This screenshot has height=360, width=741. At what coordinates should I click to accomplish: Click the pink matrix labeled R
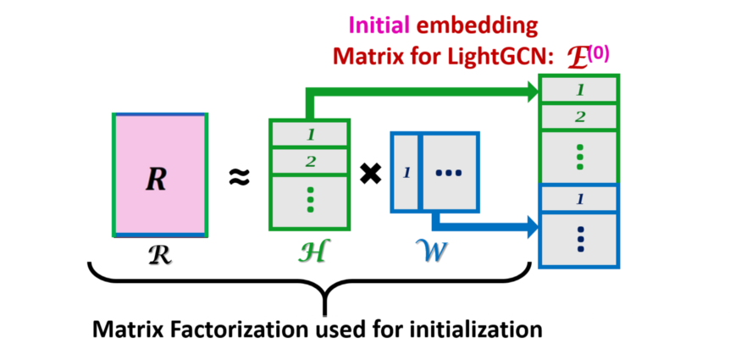(x=160, y=175)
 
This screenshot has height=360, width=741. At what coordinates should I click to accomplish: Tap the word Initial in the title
(x=379, y=26)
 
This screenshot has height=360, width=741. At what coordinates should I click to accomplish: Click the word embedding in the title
(x=477, y=26)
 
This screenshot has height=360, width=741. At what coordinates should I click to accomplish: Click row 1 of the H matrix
(x=310, y=134)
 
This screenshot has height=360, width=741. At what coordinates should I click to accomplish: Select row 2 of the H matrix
(x=310, y=161)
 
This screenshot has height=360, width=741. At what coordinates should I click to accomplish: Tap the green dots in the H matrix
(x=310, y=199)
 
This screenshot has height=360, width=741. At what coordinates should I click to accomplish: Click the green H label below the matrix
(x=311, y=251)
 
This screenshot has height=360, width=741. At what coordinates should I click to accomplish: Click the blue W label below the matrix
(x=431, y=251)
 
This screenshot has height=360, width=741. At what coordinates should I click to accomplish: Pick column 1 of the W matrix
(x=406, y=173)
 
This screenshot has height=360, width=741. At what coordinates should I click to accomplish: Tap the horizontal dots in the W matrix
(x=448, y=173)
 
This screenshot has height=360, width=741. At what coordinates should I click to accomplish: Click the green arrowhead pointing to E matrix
(x=533, y=91)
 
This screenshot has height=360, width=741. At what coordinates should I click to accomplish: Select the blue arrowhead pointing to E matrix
(x=533, y=227)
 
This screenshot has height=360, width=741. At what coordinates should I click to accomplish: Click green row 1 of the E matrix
(x=579, y=90)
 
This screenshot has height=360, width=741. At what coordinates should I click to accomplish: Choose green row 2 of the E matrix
(x=579, y=117)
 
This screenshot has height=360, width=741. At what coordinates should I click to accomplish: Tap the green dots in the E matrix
(x=579, y=157)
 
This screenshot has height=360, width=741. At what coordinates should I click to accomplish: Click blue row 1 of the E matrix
(x=579, y=200)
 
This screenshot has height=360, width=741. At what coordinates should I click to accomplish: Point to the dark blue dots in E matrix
(x=579, y=240)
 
